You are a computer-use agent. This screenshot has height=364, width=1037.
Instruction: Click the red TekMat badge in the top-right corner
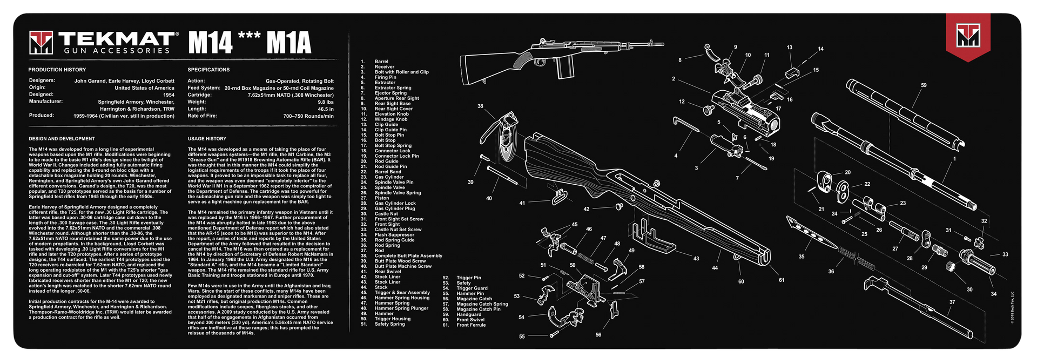pyautogui.click(x=968, y=36)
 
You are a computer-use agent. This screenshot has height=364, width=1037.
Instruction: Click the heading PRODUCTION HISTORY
pyautogui.click(x=57, y=70)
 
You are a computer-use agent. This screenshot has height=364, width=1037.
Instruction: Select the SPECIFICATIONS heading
pyautogui.click(x=208, y=70)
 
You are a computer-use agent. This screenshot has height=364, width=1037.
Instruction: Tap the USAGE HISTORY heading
pyautogui.click(x=207, y=139)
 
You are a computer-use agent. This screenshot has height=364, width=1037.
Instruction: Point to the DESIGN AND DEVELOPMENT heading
pyautogui.click(x=62, y=139)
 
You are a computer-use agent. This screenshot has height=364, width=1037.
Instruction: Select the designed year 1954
pyautogui.click(x=169, y=95)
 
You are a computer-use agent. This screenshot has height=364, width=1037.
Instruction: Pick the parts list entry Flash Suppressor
pyautogui.click(x=394, y=235)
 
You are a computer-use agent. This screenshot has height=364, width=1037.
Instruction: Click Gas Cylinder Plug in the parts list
pyautogui.click(x=395, y=208)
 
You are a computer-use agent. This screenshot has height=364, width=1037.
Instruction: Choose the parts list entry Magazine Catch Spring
pyautogui.click(x=482, y=304)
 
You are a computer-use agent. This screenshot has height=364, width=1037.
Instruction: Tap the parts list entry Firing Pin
pyautogui.click(x=385, y=77)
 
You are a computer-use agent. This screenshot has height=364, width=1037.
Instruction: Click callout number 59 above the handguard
pyautogui.click(x=923, y=85)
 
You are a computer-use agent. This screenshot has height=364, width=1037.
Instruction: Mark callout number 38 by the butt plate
pyautogui.click(x=480, y=106)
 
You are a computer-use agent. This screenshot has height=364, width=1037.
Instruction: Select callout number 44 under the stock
pyautogui.click(x=715, y=268)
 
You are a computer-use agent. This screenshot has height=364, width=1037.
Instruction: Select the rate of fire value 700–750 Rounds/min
pyautogui.click(x=308, y=116)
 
